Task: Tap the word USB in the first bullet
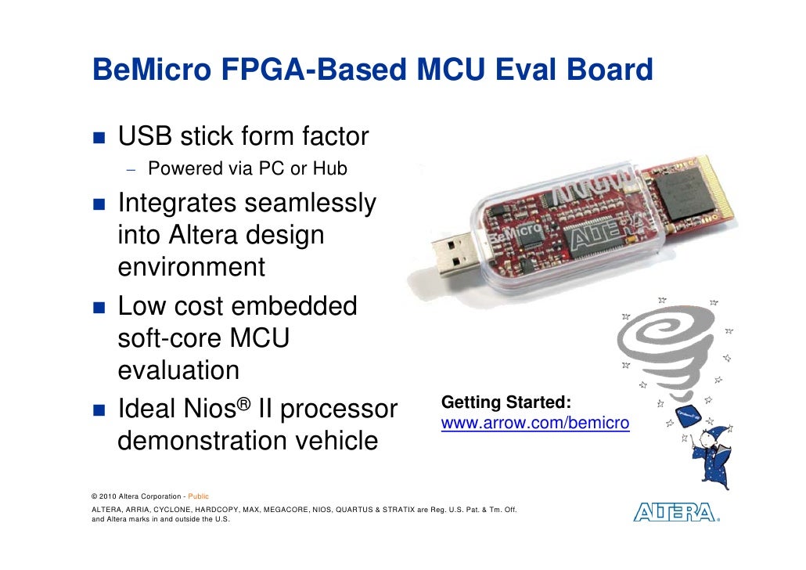146,137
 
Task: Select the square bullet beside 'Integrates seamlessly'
100,204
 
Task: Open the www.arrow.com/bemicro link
535,424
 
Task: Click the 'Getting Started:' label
506,402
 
